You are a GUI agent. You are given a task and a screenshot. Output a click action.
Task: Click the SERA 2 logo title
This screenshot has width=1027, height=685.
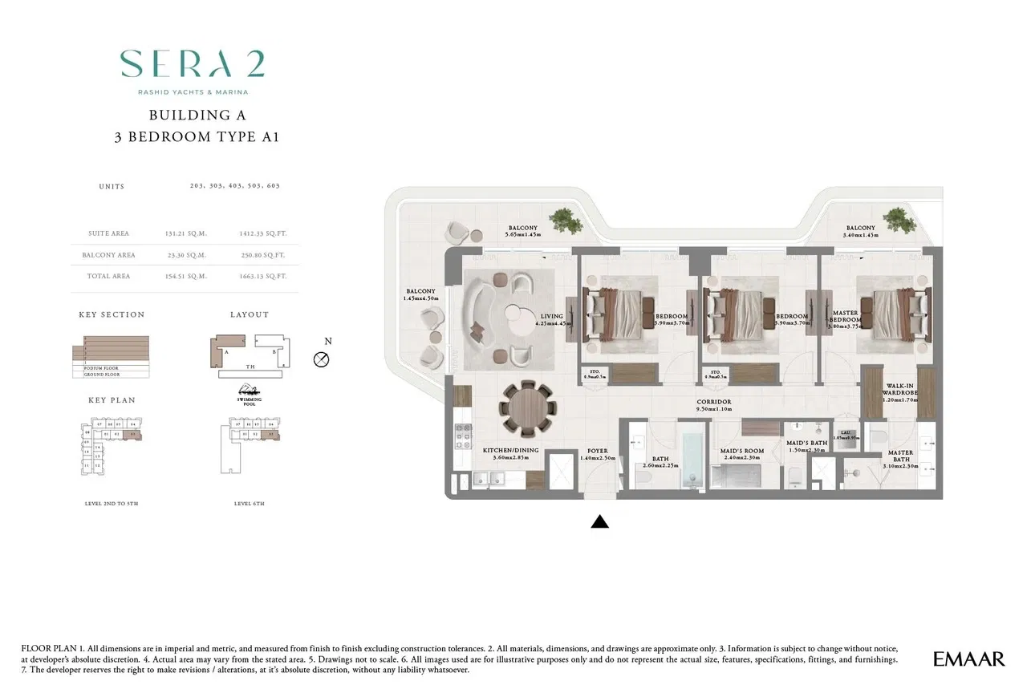click(193, 64)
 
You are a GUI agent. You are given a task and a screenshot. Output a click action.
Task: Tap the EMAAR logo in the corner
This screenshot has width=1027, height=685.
click(968, 659)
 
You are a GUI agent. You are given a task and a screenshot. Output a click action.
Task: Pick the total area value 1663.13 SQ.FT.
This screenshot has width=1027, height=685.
click(262, 276)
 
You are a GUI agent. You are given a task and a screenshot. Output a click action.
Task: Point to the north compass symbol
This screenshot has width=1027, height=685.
click(322, 359)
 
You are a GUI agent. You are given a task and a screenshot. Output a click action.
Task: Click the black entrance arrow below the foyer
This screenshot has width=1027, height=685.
click(599, 522)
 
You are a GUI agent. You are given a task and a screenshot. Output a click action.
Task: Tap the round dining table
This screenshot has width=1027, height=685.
click(528, 407)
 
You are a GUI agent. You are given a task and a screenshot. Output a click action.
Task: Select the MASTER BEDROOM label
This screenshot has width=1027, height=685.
click(845, 318)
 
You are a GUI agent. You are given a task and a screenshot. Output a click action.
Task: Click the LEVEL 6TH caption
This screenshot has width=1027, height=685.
click(248, 504)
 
